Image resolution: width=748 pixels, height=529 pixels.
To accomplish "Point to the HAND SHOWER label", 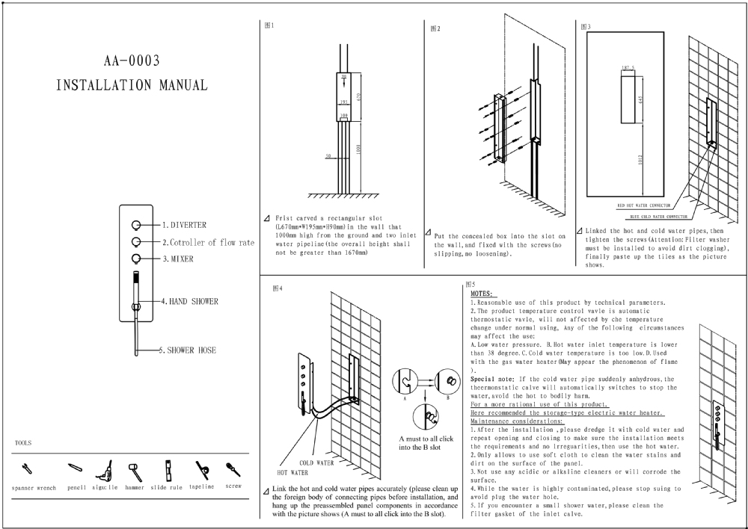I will coord(193,302).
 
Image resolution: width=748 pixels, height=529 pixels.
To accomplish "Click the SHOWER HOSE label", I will coord(191,350).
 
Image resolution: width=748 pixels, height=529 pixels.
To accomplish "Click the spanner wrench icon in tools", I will coord(28,469).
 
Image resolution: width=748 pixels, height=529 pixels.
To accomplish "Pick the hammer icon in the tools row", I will coord(135,470).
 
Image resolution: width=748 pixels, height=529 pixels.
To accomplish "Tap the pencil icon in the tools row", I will coord(75,468).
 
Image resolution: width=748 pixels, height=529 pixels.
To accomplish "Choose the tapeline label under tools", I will coord(201,486).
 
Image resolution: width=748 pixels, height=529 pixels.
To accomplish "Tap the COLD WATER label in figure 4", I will coord(316,463).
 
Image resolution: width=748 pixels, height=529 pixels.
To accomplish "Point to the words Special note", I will coord(491,380).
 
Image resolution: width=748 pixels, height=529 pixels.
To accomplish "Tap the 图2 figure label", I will coord(435,29).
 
